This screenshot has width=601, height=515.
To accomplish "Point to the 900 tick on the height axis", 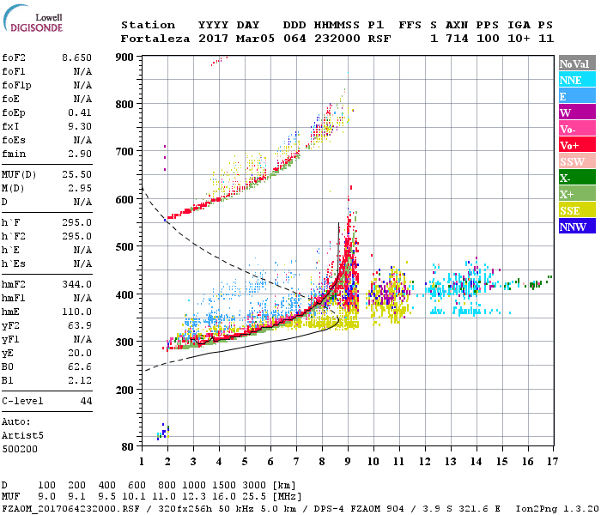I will (x=125, y=57).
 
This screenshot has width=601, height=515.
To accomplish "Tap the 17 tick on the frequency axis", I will (x=551, y=461).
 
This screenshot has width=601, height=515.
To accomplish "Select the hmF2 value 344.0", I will (x=77, y=284).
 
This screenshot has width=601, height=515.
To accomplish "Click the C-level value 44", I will (x=86, y=401).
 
